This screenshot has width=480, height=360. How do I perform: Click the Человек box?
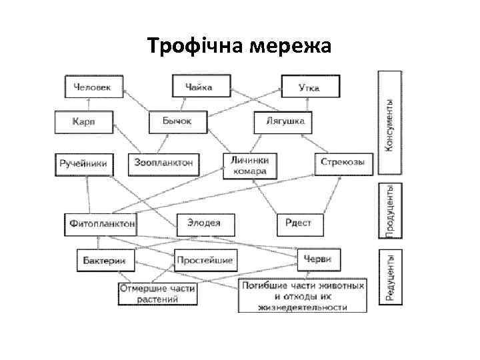[x=93, y=86]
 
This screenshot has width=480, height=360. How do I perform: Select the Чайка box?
[x=201, y=86]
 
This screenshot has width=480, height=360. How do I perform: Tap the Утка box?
[x=310, y=86]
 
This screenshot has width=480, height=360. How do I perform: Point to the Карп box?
[x=84, y=122]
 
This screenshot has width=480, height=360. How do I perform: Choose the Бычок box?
[x=177, y=122]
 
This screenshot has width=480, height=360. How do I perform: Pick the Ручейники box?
[x=84, y=163]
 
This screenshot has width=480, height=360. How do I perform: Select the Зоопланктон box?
[x=164, y=163]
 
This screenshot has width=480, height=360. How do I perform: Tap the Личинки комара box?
[x=249, y=165]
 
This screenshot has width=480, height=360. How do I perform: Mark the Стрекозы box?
[x=343, y=163]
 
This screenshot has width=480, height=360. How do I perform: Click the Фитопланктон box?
[x=101, y=223]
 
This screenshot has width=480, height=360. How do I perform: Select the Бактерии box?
[x=105, y=259]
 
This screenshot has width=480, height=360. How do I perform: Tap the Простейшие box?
[x=204, y=259]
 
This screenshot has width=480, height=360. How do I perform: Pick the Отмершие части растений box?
[x=158, y=294]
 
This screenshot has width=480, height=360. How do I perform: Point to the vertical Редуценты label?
[x=391, y=277]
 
